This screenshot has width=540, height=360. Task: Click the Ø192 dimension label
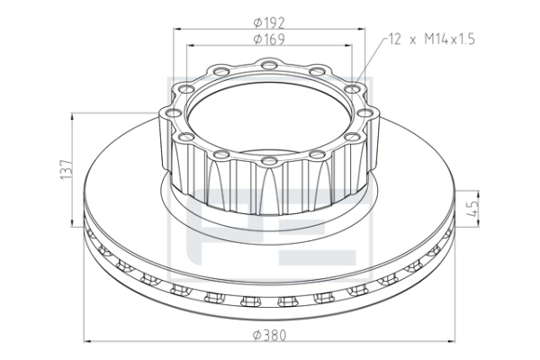269,22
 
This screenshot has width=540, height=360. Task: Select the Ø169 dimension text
269,40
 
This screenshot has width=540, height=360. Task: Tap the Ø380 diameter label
269,335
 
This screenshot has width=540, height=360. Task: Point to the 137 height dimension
66,169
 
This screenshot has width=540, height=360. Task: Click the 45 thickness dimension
474,209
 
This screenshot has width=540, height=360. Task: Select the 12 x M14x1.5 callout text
431,40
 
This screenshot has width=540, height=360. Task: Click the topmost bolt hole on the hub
269,65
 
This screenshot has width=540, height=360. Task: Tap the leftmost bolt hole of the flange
173,112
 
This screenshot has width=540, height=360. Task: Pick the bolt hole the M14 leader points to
352,89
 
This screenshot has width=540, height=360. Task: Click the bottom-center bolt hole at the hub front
269,160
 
